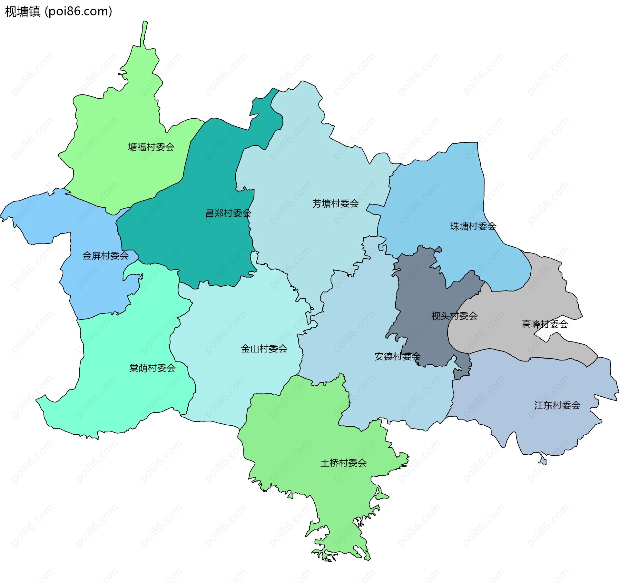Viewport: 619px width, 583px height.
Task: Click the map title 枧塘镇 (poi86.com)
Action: [58, 11]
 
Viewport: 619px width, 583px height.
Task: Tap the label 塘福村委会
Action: [151, 147]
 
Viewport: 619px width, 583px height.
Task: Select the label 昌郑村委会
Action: [228, 213]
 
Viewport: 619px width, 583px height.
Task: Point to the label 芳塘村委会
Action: [335, 203]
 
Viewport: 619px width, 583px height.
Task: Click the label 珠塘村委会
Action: [473, 226]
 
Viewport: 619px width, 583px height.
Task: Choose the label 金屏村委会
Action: [105, 256]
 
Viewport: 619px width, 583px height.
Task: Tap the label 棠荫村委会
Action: [152, 368]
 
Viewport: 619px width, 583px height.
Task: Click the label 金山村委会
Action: [264, 349]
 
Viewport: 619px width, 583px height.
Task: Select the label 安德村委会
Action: [397, 356]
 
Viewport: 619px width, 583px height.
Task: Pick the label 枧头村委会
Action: [454, 316]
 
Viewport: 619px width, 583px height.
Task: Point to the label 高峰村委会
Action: [545, 324]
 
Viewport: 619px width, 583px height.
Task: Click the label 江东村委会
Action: [557, 405]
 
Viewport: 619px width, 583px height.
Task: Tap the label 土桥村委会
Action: [343, 463]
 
